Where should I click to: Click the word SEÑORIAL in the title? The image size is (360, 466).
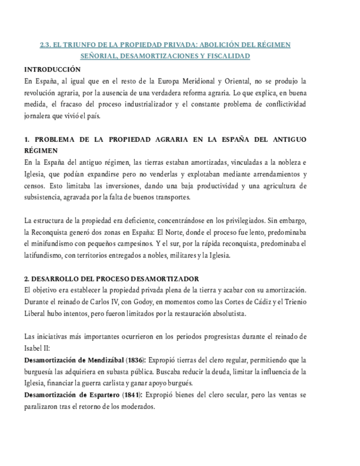point(97,56)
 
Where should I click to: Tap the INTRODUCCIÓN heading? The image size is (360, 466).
point(53,70)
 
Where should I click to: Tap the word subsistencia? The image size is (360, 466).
point(47,197)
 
